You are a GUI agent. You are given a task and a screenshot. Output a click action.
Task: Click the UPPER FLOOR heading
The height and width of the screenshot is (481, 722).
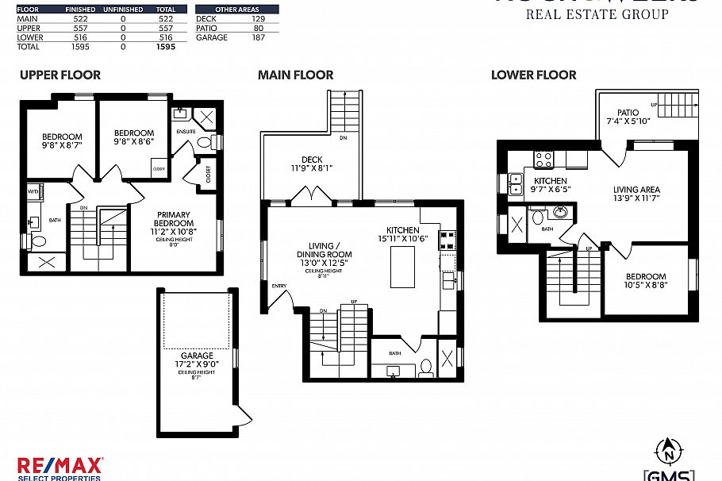(x=60, y=75)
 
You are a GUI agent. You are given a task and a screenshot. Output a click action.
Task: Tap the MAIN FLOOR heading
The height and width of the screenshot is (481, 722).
(x=295, y=75)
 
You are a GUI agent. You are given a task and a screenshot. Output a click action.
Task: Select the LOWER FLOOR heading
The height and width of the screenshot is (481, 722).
(x=533, y=75)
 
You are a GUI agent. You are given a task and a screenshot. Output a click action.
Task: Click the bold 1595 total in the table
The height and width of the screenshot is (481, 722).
(x=165, y=47)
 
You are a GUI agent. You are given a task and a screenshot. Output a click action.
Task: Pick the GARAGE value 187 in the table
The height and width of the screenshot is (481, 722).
(x=258, y=37)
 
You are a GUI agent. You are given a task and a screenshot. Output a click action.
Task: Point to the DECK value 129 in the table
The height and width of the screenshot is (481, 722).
(x=258, y=18)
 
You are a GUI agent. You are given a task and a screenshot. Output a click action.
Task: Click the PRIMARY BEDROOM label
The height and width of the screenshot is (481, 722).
(x=174, y=219)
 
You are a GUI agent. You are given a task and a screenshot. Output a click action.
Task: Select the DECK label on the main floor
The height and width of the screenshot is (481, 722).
(x=312, y=160)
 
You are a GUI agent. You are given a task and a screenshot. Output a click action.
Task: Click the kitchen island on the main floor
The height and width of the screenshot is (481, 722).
(x=402, y=267)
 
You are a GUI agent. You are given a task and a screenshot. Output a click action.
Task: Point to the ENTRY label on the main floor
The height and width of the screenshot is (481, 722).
(x=278, y=286)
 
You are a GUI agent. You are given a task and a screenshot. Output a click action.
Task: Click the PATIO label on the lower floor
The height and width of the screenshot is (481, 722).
(x=628, y=113)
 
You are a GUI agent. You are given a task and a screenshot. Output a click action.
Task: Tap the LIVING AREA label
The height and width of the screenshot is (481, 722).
(x=636, y=190)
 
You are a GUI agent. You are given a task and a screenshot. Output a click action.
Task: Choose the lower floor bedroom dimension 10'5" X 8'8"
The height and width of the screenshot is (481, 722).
(x=643, y=284)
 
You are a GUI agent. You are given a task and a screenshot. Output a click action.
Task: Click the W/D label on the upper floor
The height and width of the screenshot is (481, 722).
(x=33, y=191)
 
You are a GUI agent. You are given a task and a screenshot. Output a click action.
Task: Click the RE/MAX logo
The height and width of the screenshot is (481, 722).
(x=60, y=467)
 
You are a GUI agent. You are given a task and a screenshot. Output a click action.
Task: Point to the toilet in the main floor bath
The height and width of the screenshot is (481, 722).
(x=425, y=367)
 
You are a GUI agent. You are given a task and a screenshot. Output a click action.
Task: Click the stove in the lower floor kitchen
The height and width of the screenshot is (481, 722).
(x=543, y=160)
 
